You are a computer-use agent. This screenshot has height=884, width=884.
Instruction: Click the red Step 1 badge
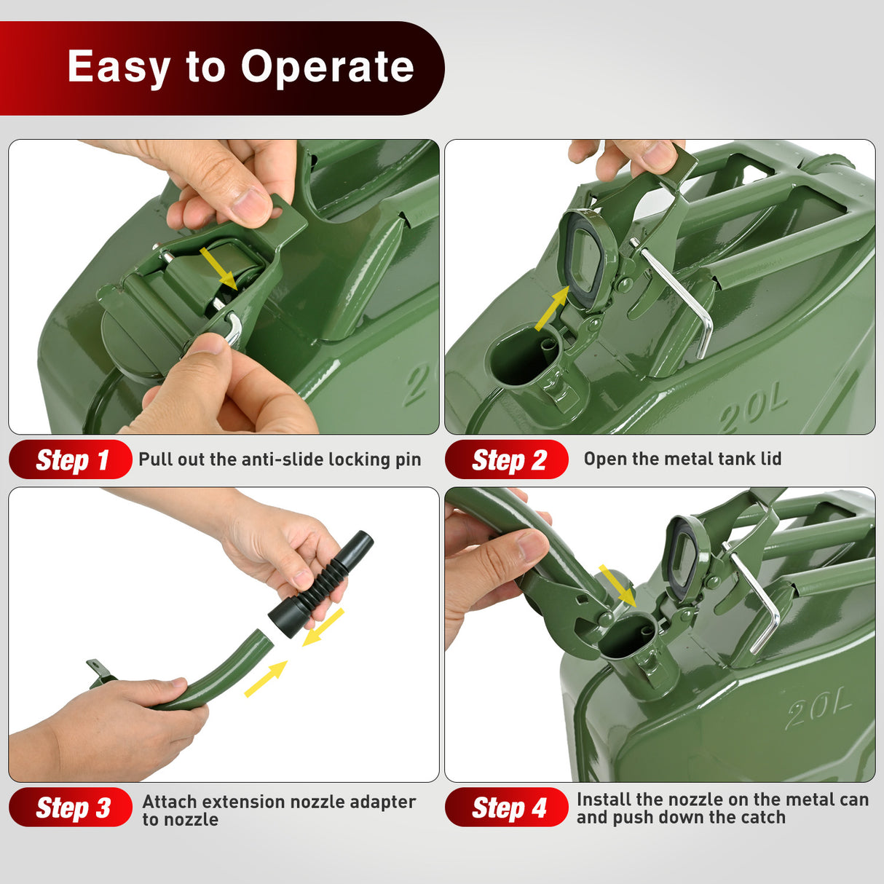click(x=70, y=459)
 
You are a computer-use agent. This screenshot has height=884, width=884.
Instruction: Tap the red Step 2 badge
click(x=507, y=459)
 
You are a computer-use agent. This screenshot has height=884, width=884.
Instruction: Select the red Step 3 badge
click(x=70, y=808)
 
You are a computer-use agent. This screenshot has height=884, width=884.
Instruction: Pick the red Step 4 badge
click(x=507, y=808)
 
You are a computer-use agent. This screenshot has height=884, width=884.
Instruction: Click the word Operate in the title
click(x=328, y=68)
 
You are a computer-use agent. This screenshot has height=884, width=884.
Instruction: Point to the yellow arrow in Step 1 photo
click(x=219, y=269)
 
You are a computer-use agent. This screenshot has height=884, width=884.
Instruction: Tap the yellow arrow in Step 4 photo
click(x=617, y=586)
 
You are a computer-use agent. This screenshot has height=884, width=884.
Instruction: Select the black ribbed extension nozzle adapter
click(x=321, y=584)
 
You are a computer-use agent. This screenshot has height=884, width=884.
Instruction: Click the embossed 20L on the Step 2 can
click(x=753, y=411)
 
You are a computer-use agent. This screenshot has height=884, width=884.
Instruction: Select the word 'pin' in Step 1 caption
click(x=409, y=460)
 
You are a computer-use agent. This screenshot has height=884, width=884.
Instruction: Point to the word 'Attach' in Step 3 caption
click(x=170, y=802)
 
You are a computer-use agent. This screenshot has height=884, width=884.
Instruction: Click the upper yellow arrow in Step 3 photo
click(x=323, y=627)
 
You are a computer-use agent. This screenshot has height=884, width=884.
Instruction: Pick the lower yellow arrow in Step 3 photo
click(x=266, y=679)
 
